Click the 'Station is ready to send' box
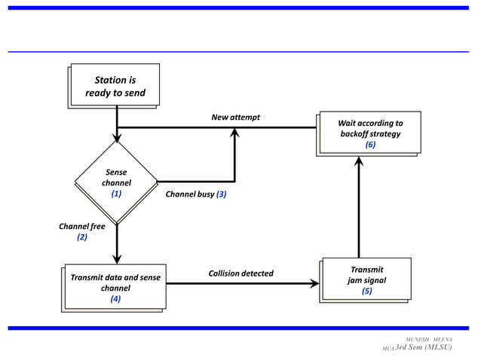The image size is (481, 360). [x=115, y=86]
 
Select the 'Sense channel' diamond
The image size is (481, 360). [x=116, y=181]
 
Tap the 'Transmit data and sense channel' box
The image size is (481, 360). [x=115, y=286]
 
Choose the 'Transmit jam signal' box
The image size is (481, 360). [x=366, y=279]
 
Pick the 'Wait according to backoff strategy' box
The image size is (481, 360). [x=369, y=133]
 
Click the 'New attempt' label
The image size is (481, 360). [x=235, y=117]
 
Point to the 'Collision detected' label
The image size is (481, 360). [x=240, y=273]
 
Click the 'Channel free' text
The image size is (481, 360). [x=82, y=225]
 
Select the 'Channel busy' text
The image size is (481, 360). [x=190, y=194]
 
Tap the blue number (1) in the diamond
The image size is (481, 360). [x=116, y=193]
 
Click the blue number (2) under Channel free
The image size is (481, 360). [x=82, y=236]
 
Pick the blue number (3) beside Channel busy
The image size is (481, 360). [x=222, y=194]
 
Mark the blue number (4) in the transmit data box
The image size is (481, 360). [x=115, y=298]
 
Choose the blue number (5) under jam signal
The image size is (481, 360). [x=366, y=291]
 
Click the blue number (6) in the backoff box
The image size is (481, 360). [x=369, y=145]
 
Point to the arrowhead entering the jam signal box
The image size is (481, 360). [x=314, y=284]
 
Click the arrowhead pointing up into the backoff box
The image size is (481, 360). [x=359, y=160]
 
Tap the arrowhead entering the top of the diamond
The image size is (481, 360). [x=117, y=138]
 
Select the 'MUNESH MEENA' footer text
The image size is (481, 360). [x=429, y=340]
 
